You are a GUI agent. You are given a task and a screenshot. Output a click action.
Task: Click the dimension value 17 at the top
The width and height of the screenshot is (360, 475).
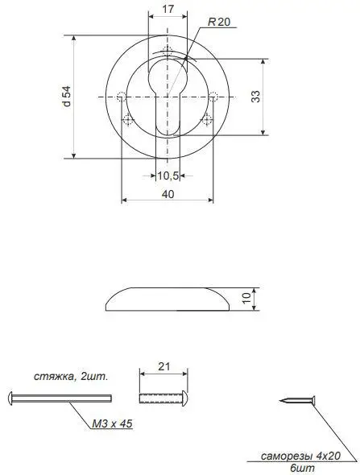[x=168, y=9]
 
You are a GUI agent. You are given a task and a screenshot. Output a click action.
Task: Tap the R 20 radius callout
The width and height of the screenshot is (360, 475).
[x=219, y=22]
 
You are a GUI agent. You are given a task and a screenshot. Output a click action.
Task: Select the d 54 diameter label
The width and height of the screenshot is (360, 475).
[x=66, y=97]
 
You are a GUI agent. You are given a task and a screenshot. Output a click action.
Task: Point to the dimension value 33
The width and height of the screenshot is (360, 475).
[x=255, y=97]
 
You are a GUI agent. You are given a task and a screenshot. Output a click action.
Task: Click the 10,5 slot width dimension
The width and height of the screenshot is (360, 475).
[x=168, y=176]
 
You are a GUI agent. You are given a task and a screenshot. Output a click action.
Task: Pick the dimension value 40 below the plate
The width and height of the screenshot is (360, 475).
[x=168, y=194]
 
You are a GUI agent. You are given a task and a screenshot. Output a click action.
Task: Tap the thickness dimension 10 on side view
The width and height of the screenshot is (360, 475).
[x=247, y=298]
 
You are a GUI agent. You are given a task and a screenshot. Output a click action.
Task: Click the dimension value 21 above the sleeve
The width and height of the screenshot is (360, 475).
[x=164, y=366]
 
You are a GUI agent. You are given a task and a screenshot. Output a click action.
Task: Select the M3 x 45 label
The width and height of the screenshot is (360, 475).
[x=112, y=423]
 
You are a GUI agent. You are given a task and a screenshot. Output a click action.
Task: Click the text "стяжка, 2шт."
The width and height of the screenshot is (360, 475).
[x=71, y=377]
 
